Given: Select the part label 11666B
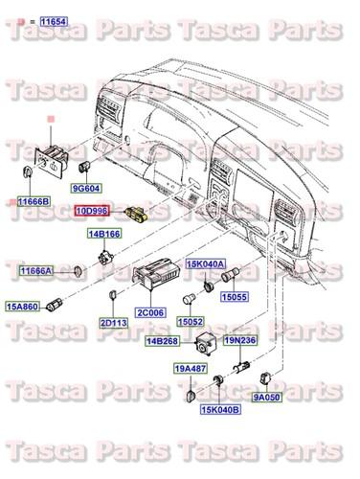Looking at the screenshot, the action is [34, 201].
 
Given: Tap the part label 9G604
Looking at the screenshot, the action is [85, 189].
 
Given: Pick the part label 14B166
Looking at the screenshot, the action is [105, 234].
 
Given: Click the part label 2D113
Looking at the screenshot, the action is [113, 322].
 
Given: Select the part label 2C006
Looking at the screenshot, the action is [151, 312].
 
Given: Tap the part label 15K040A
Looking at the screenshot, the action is [205, 263].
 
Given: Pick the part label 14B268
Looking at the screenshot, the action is [162, 341].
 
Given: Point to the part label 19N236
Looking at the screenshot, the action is [239, 340].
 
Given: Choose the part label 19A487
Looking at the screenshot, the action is [191, 368].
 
